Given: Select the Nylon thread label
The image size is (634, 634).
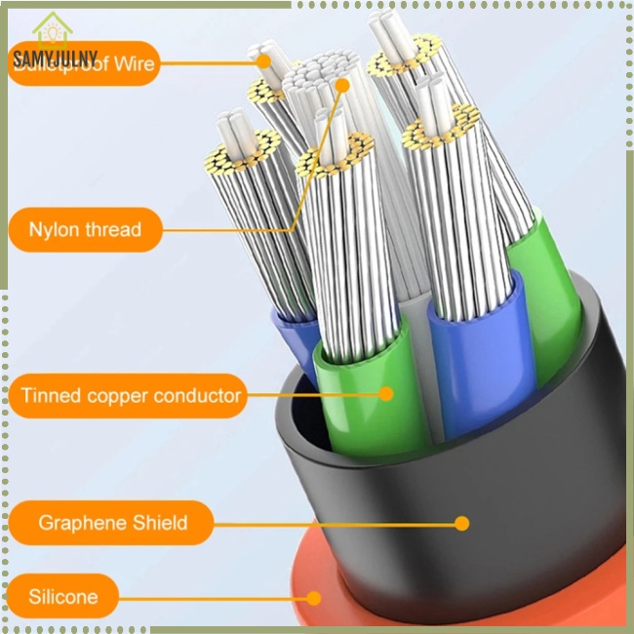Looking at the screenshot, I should click(x=85, y=230).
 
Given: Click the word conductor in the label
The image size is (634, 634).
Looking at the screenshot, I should click(x=194, y=396).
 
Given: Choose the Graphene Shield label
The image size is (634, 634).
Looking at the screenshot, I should click(x=112, y=523).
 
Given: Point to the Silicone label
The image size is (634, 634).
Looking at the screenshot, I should click(x=62, y=596).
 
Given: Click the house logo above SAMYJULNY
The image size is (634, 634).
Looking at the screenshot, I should click(x=48, y=29).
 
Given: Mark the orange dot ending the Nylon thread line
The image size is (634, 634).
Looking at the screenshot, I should click(x=342, y=86).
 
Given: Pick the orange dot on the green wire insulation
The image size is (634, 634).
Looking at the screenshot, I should click(x=386, y=394).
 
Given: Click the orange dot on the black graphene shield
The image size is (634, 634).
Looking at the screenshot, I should click(x=462, y=523).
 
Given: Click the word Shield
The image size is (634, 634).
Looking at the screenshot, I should click(x=157, y=523).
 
